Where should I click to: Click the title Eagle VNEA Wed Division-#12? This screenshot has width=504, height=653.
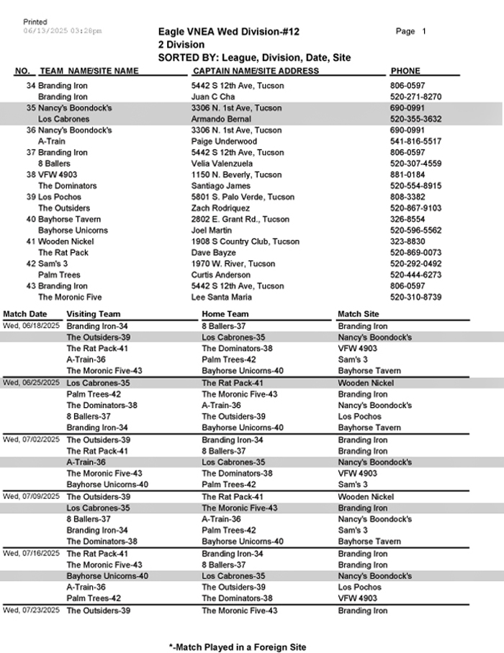pyautogui.click(x=228, y=32)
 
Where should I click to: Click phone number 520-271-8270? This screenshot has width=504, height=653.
pyautogui.click(x=415, y=97)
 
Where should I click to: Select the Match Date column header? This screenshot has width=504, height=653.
pyautogui.click(x=25, y=314)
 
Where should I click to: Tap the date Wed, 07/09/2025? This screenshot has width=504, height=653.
pyautogui.click(x=32, y=496)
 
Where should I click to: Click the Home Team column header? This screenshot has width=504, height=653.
pyautogui.click(x=225, y=314)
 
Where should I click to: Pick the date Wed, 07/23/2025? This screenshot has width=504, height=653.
pyautogui.click(x=32, y=610)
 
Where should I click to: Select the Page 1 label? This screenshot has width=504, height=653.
pyautogui.click(x=411, y=32)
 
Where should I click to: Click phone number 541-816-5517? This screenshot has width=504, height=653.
pyautogui.click(x=415, y=142)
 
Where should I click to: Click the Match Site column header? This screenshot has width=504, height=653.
pyautogui.click(x=358, y=314)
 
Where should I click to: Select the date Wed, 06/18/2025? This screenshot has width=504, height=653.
pyautogui.click(x=32, y=326)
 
